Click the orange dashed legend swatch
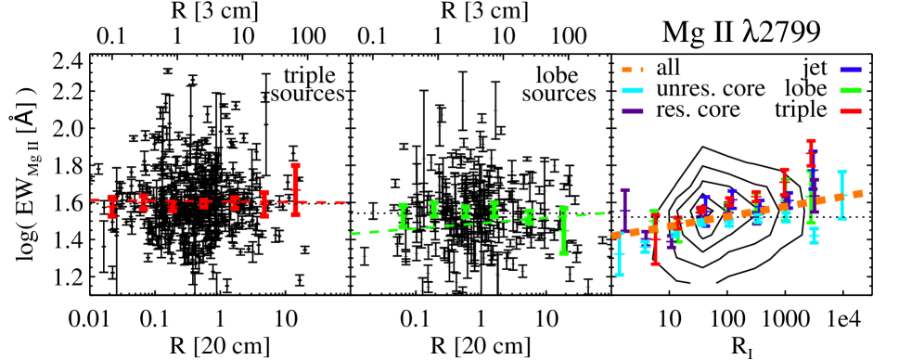click(x=632, y=70)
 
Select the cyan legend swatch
click(x=632, y=90)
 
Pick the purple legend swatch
click(x=632, y=111)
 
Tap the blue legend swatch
click(x=850, y=70)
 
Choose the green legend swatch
click(x=850, y=90)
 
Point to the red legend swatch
click(x=850, y=111)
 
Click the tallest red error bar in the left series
click(x=295, y=190)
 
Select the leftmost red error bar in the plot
click(x=111, y=206)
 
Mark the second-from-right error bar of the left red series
click(x=264, y=204)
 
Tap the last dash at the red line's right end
click(x=340, y=201)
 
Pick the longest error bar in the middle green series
click(x=563, y=230)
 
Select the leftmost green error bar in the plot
click(x=403, y=215)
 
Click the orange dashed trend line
click(x=742, y=213)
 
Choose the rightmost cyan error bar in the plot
click(x=841, y=195)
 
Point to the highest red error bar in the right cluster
click(x=811, y=153)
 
